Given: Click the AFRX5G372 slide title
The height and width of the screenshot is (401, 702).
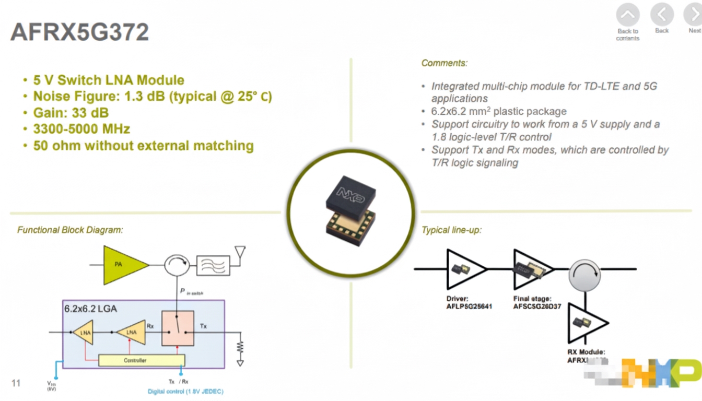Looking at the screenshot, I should pyautogui.click(x=80, y=32).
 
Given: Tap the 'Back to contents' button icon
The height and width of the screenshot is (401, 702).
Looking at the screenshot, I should pyautogui.click(x=628, y=16).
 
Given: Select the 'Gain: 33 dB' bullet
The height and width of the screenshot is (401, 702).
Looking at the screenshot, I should pyautogui.click(x=71, y=113).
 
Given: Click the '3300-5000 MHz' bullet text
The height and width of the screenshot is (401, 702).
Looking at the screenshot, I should pyautogui.click(x=81, y=129).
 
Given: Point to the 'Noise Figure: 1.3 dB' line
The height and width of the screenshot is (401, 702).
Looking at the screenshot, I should pyautogui.click(x=152, y=97).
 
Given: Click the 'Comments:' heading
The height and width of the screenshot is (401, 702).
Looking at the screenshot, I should pyautogui.click(x=444, y=63).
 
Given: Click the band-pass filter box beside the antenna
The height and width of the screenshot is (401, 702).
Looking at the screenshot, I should pyautogui.click(x=213, y=265).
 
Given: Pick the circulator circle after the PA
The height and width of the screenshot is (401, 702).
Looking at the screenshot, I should pyautogui.click(x=177, y=265).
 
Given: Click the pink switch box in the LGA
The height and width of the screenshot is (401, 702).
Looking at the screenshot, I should pyautogui.click(x=178, y=328).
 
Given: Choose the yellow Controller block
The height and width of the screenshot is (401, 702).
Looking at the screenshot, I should pyautogui.click(x=141, y=360).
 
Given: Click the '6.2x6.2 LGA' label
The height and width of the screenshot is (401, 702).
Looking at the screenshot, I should pyautogui.click(x=91, y=309).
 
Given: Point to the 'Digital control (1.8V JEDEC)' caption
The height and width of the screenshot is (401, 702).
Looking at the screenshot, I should pyautogui.click(x=185, y=391).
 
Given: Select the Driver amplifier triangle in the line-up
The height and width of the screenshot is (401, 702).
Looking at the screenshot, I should pyautogui.click(x=464, y=268).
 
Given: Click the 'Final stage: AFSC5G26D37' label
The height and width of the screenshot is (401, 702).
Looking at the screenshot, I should pyautogui.click(x=537, y=302).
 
